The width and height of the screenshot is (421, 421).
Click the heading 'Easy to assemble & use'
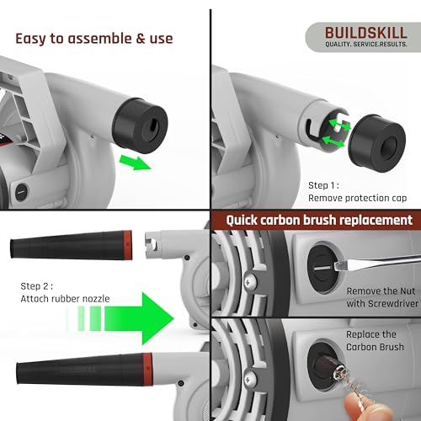(x=94, y=38)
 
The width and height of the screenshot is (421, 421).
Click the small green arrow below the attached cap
(x=134, y=160)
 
